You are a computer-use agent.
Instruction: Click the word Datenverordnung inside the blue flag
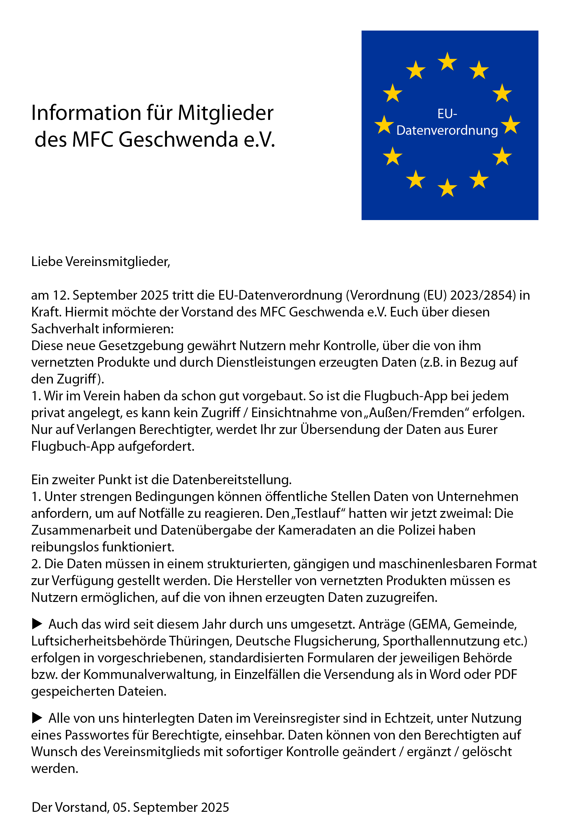[x=447, y=130]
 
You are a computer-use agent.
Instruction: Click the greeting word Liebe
[x=47, y=261]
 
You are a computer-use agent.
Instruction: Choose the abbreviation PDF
[x=506, y=674]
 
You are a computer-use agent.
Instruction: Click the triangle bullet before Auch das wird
[x=37, y=624]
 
